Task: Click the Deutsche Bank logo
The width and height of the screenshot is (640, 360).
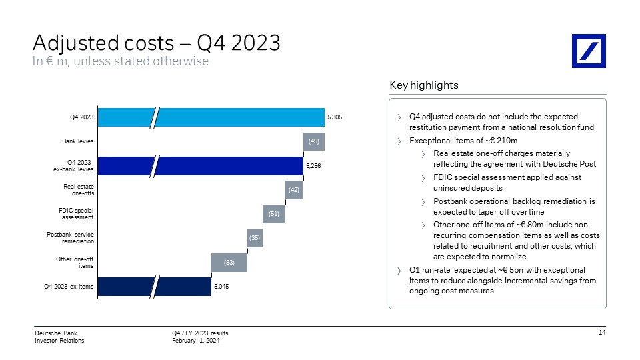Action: pyautogui.click(x=589, y=51)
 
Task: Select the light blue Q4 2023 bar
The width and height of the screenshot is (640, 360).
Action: pyautogui.click(x=211, y=117)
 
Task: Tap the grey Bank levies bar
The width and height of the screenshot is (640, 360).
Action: pyautogui.click(x=314, y=141)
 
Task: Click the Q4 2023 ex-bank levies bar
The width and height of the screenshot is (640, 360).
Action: pyautogui.click(x=201, y=166)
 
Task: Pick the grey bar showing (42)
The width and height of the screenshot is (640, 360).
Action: pyautogui.click(x=294, y=190)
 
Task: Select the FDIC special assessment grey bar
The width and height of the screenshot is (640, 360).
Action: pyautogui.click(x=274, y=214)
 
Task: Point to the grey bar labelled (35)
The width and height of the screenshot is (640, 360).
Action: pyautogui.click(x=255, y=238)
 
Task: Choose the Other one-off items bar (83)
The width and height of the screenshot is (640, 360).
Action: pyautogui.click(x=229, y=263)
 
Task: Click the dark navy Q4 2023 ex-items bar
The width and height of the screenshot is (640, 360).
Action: pyautogui.click(x=155, y=287)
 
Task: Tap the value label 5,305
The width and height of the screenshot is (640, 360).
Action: pyautogui.click(x=335, y=117)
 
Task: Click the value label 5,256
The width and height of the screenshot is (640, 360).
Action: pyautogui.click(x=313, y=166)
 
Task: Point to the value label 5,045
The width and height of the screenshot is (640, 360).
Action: pyautogui.click(x=221, y=287)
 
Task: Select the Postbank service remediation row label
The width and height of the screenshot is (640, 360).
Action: pyautogui.click(x=70, y=238)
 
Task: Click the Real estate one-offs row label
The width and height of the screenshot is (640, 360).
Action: pyautogui.click(x=79, y=190)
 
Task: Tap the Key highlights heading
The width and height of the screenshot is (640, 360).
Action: pyautogui.click(x=424, y=85)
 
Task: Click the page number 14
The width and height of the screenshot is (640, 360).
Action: pyautogui.click(x=602, y=333)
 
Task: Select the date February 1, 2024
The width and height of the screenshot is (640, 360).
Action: pyautogui.click(x=195, y=341)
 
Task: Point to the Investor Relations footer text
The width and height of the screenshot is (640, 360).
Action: pyautogui.click(x=59, y=341)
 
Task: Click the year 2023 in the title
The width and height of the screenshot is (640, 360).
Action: pyautogui.click(x=256, y=43)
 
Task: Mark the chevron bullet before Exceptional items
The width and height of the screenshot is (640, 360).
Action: pyautogui.click(x=399, y=141)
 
